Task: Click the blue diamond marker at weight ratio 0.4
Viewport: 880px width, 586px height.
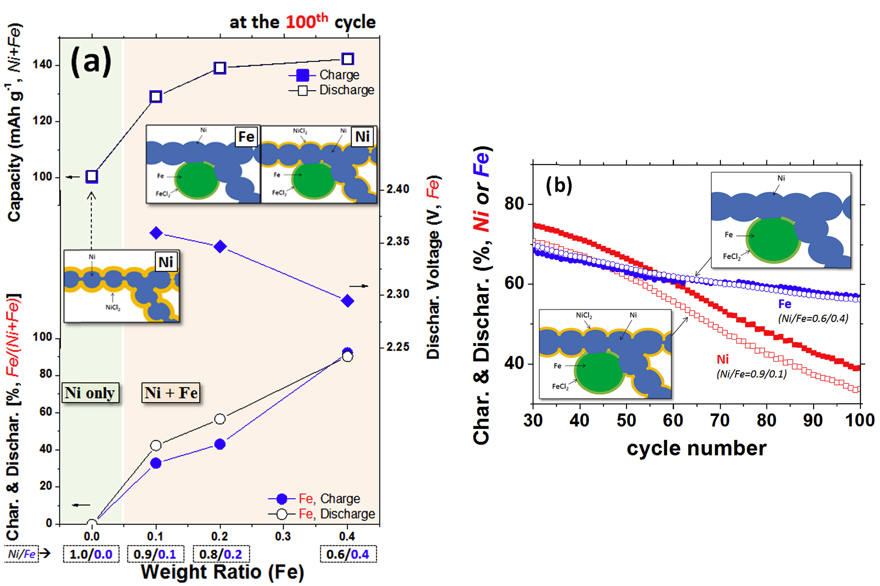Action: click(347, 301)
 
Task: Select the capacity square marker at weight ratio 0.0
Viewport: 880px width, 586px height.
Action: click(92, 176)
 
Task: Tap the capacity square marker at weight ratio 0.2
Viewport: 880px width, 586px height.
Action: click(220, 68)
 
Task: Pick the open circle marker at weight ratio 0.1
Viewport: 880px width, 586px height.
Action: click(156, 446)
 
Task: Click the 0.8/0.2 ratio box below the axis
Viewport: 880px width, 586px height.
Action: click(221, 554)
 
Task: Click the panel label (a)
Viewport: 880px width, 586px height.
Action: click(91, 61)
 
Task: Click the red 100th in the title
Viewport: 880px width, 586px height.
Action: click(307, 22)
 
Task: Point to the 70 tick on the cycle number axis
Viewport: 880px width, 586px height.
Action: click(720, 420)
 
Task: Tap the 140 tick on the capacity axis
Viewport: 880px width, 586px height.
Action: click(42, 65)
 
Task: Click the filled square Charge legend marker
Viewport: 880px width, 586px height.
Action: click(303, 75)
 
